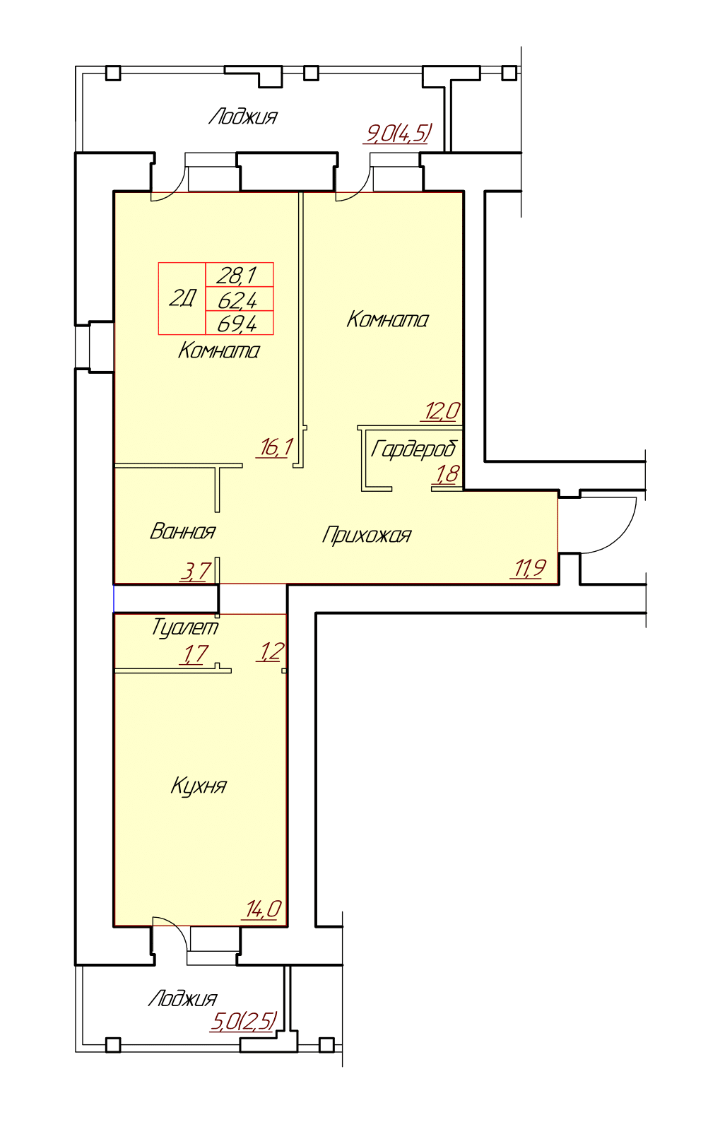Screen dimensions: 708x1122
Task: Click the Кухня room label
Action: pos(199,786)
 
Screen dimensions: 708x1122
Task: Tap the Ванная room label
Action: pos(182,531)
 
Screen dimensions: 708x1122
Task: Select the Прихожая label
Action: pos(366,536)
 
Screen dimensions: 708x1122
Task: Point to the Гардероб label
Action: pos(414,449)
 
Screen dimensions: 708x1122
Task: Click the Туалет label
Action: pos(185,627)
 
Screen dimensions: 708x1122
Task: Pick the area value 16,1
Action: pos(275,447)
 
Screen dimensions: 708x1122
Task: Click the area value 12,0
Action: pos(442,411)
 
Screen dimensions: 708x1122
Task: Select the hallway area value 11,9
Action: pos(529,568)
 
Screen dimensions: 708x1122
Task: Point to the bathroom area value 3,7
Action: pos(195,572)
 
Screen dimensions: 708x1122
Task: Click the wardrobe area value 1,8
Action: pos(446,474)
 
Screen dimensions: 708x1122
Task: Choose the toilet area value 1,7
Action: pos(194,654)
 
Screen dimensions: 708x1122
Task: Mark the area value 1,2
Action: pos(270,651)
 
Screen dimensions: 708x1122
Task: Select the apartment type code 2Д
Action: pos(182,299)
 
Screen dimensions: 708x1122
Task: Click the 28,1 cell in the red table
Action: pos(240,274)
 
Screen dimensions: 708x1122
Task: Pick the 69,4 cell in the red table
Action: pos(240,323)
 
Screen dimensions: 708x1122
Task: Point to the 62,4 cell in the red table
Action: pos(240,299)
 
